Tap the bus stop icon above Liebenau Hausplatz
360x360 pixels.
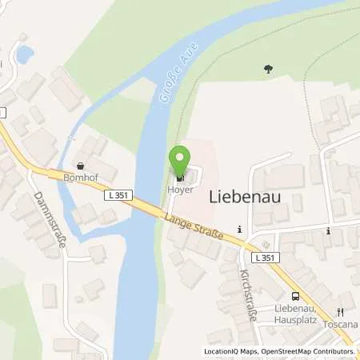coord(295,295)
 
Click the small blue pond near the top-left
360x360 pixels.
coord(24,54)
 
